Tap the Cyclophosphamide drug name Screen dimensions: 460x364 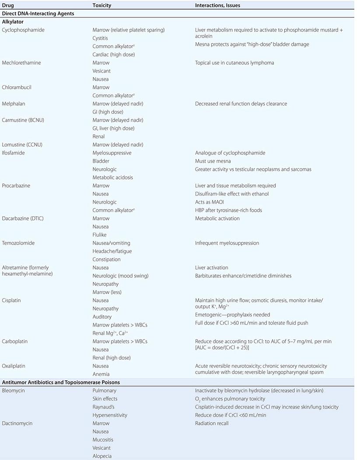pyautogui.click(x=23, y=30)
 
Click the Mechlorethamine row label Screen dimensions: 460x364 pyautogui.click(x=21, y=63)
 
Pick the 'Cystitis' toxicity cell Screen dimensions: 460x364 pyautogui.click(x=100, y=38)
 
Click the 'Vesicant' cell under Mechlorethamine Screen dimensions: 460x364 pyautogui.click(x=101, y=71)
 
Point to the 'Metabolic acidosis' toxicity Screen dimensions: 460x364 pyautogui.click(x=113, y=177)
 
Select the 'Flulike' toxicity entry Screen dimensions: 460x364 pyautogui.click(x=100, y=235)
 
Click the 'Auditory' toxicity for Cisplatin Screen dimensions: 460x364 pyautogui.click(x=102, y=316)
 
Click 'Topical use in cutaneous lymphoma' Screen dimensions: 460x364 pyautogui.click(x=234, y=63)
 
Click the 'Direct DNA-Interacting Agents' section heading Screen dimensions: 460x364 pyautogui.click(x=38, y=14)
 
